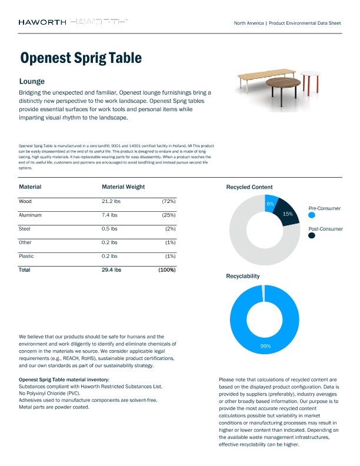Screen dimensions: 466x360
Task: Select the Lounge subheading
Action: point(32,81)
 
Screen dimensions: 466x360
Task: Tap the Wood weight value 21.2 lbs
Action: point(111,201)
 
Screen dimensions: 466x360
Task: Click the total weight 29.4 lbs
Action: point(111,269)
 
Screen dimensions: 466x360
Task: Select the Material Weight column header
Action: point(123,187)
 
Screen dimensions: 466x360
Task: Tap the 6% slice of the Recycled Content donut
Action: point(271,202)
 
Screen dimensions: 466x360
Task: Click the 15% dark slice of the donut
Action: point(288,214)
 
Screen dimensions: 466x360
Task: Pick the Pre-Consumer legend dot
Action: point(311,216)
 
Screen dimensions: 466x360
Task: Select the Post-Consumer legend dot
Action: point(311,235)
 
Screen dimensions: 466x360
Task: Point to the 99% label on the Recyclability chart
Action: point(265,346)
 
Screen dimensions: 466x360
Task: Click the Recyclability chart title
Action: point(243,275)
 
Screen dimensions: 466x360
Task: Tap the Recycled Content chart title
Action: point(249,187)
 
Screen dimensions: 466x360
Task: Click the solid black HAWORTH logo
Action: point(42,22)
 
